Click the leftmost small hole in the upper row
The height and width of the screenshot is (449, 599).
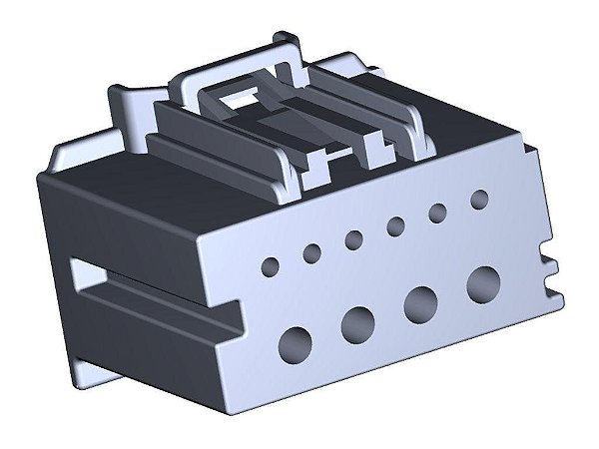click(x=271, y=266)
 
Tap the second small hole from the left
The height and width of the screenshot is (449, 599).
click(x=312, y=253)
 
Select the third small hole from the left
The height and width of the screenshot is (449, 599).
click(x=353, y=239)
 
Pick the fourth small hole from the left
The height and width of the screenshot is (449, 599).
click(x=395, y=225)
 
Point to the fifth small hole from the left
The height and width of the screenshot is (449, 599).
click(x=437, y=212)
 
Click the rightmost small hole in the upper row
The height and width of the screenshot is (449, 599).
click(x=478, y=198)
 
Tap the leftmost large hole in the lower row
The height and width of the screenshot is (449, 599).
click(x=297, y=342)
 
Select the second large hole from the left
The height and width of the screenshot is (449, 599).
click(x=357, y=321)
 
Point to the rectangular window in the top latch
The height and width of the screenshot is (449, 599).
click(x=243, y=99)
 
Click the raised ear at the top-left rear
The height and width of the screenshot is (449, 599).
click(x=125, y=105)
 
